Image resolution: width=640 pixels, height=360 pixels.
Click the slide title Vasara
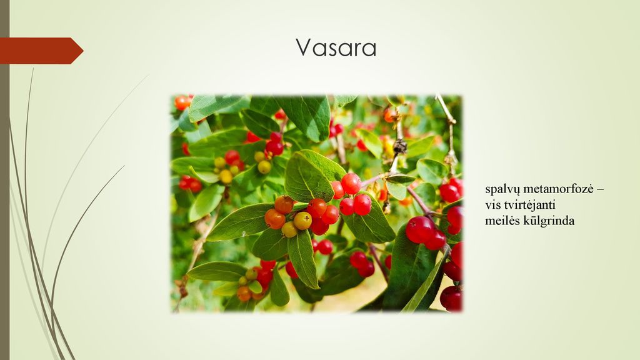[336, 47]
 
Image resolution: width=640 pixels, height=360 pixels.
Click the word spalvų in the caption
[502, 190]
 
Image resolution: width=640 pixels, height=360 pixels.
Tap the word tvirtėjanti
[530, 204]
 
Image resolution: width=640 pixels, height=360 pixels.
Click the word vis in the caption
[492, 205]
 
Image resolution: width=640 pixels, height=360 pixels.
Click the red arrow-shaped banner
[41, 51]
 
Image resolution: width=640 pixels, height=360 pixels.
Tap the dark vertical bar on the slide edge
[4, 180]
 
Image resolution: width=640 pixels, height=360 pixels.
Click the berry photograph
[316, 204]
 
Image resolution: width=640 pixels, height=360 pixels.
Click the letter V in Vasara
[304, 47]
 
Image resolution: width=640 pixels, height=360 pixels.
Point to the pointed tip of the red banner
[83, 51]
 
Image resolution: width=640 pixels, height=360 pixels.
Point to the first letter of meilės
[489, 222]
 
